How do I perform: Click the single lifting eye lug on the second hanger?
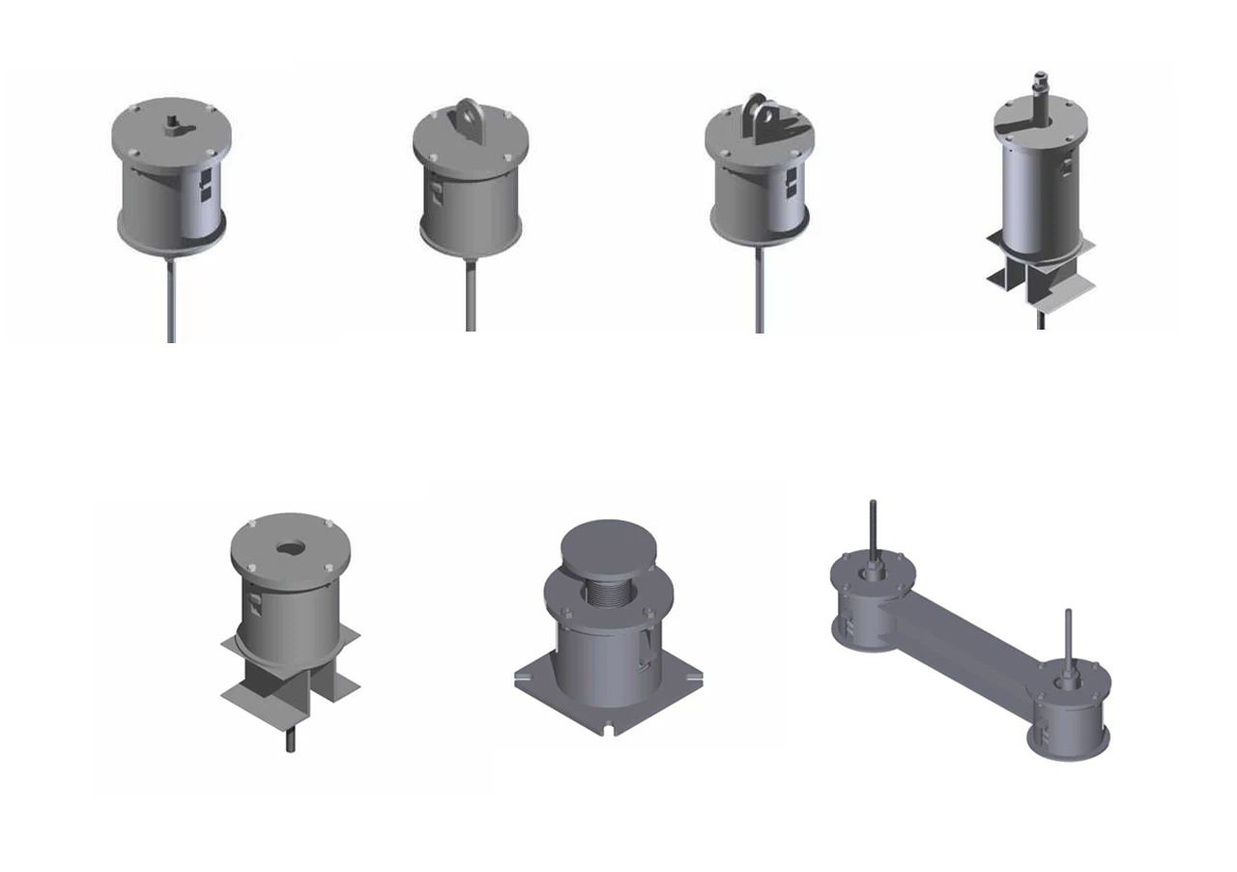tap(469, 113)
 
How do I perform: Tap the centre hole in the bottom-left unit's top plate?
tap(290, 548)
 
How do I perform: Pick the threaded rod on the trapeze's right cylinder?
tap(1068, 638)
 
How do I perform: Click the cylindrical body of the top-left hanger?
tap(169, 198)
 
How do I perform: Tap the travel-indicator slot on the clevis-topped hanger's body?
tap(791, 181)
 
